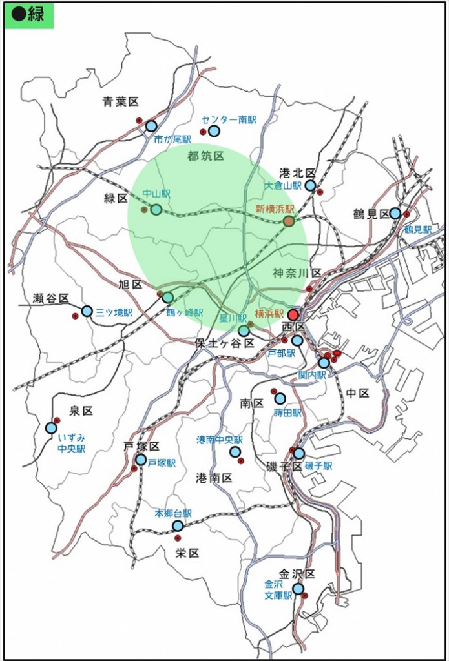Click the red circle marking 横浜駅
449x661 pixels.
click(x=293, y=314)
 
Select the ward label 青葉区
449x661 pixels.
click(x=121, y=101)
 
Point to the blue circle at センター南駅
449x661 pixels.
click(x=214, y=131)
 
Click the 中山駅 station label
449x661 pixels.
click(x=156, y=193)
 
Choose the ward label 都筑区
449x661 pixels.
click(x=205, y=156)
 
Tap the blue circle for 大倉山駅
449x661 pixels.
click(x=310, y=186)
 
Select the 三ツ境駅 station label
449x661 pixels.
click(x=114, y=312)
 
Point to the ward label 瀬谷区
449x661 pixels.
click(x=51, y=298)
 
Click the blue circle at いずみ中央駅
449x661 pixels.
click(x=51, y=428)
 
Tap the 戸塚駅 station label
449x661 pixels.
click(x=162, y=463)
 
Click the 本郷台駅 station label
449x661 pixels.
click(x=172, y=514)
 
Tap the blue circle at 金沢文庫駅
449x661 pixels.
click(x=298, y=589)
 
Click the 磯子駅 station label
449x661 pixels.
click(x=318, y=466)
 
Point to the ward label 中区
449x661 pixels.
click(x=357, y=392)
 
